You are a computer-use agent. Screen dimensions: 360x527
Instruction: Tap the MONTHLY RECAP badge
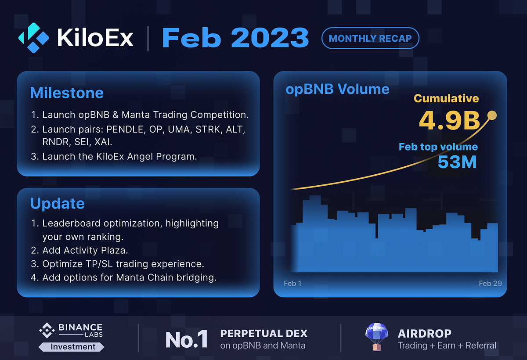[370, 39]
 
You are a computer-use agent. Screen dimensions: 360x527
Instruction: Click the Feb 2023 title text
[235, 38]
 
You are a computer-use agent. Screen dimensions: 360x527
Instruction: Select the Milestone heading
[67, 93]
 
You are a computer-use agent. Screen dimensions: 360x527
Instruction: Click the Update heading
[57, 204]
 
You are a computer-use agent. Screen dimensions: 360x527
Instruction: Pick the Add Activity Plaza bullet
[85, 251]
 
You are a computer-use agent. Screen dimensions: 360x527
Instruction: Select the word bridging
[196, 278]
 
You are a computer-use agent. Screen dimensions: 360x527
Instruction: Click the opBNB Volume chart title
[337, 90]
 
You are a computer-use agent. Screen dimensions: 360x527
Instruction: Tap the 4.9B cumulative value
[449, 121]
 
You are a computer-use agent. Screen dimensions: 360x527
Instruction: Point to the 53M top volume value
[457, 162]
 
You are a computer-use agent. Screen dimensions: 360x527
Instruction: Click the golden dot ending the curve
[492, 115]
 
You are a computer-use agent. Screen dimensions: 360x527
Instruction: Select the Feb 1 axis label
[292, 283]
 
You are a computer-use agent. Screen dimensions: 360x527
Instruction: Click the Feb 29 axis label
[490, 283]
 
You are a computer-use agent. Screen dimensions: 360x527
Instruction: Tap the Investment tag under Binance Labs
[72, 347]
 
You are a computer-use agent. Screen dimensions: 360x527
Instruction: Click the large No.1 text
[186, 339]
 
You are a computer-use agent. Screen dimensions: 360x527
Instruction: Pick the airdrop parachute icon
[376, 337]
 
